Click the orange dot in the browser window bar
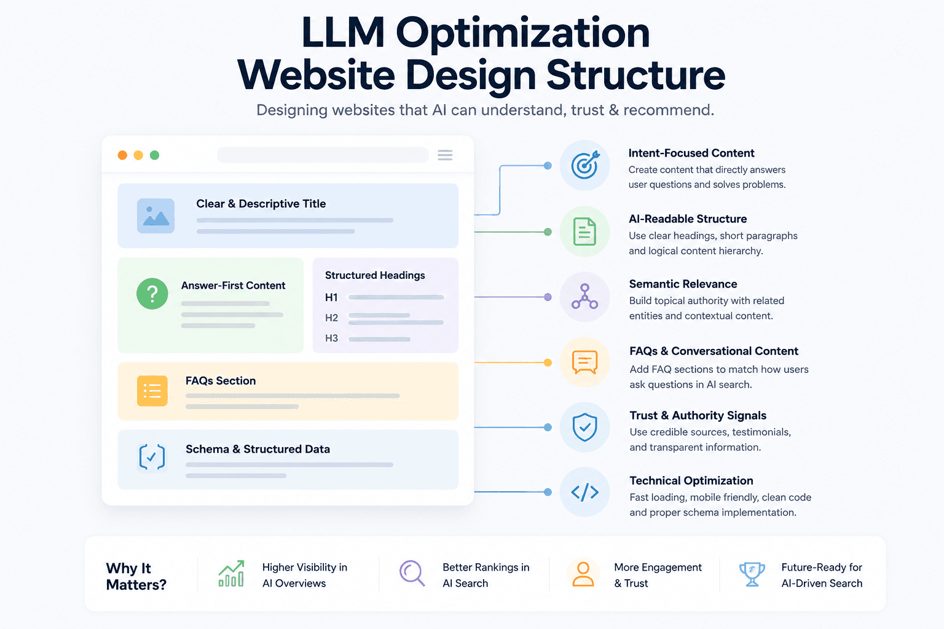tap(123, 155)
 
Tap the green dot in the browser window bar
tap(155, 155)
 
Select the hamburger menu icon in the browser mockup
tap(445, 155)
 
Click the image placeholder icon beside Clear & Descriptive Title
tap(156, 216)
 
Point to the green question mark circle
tap(152, 294)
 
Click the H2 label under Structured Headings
tap(331, 318)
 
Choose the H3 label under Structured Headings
tap(331, 338)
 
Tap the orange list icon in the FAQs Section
tap(152, 391)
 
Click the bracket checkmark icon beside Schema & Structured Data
tap(152, 456)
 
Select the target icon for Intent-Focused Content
tap(585, 165)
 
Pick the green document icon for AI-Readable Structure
tap(585, 232)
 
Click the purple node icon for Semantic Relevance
tap(584, 297)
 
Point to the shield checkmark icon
tap(585, 427)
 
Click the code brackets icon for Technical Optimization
tap(585, 492)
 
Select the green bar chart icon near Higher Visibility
tap(231, 573)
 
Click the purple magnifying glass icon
tap(412, 573)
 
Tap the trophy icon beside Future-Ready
tap(752, 574)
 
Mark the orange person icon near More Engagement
tap(583, 574)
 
